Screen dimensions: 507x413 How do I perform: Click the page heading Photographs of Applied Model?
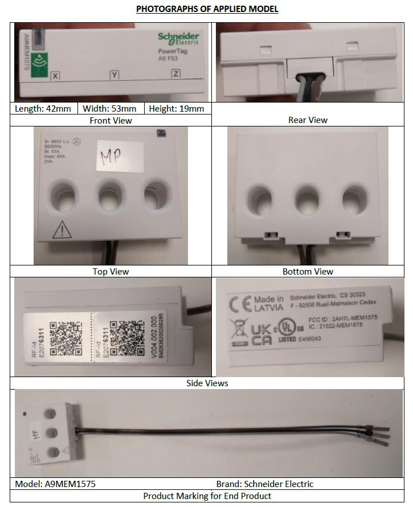[x=207, y=9]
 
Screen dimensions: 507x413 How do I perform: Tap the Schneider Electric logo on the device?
[x=178, y=38]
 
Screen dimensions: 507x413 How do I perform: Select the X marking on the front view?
[x=55, y=76]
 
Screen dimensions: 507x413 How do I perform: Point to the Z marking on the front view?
[x=175, y=74]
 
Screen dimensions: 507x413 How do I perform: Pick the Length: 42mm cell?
[x=43, y=109]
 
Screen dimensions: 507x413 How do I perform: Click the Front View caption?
[x=111, y=120]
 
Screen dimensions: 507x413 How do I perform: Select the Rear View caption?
[x=308, y=120]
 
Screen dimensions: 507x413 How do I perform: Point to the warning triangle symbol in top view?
[x=61, y=230]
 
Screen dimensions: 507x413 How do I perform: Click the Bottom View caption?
[x=308, y=272]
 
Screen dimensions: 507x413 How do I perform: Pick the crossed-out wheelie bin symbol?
[x=238, y=330]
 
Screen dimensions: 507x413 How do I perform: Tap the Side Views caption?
[x=207, y=383]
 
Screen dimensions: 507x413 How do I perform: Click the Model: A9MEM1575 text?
[x=55, y=484]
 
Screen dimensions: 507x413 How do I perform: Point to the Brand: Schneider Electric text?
[x=264, y=484]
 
